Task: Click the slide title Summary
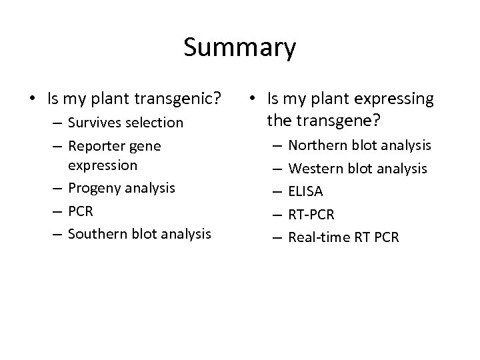239,48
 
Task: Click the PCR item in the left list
80,211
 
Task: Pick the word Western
319,169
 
